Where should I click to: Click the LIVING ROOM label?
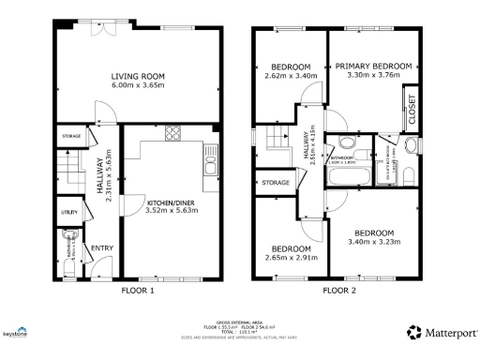139,76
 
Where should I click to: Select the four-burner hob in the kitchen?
173,133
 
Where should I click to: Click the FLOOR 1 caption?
139,291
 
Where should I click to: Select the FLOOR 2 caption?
341,291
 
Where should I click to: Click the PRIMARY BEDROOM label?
373,66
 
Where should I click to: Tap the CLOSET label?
410,110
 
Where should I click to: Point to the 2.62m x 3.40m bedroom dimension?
292,78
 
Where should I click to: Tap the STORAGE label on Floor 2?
276,182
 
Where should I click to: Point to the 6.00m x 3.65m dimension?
139,86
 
